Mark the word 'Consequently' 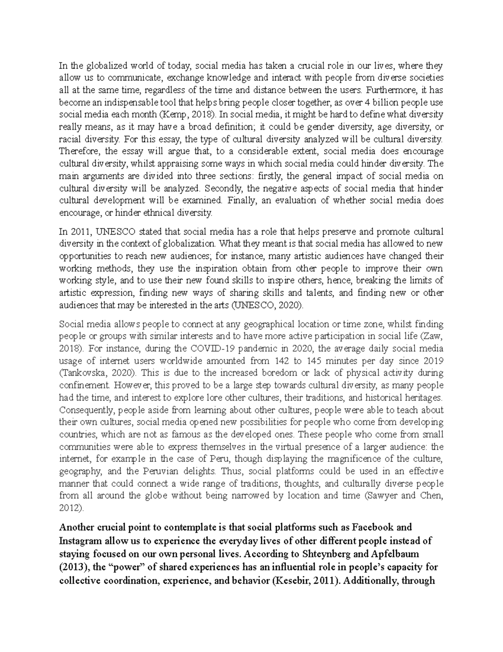[x=84, y=409]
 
